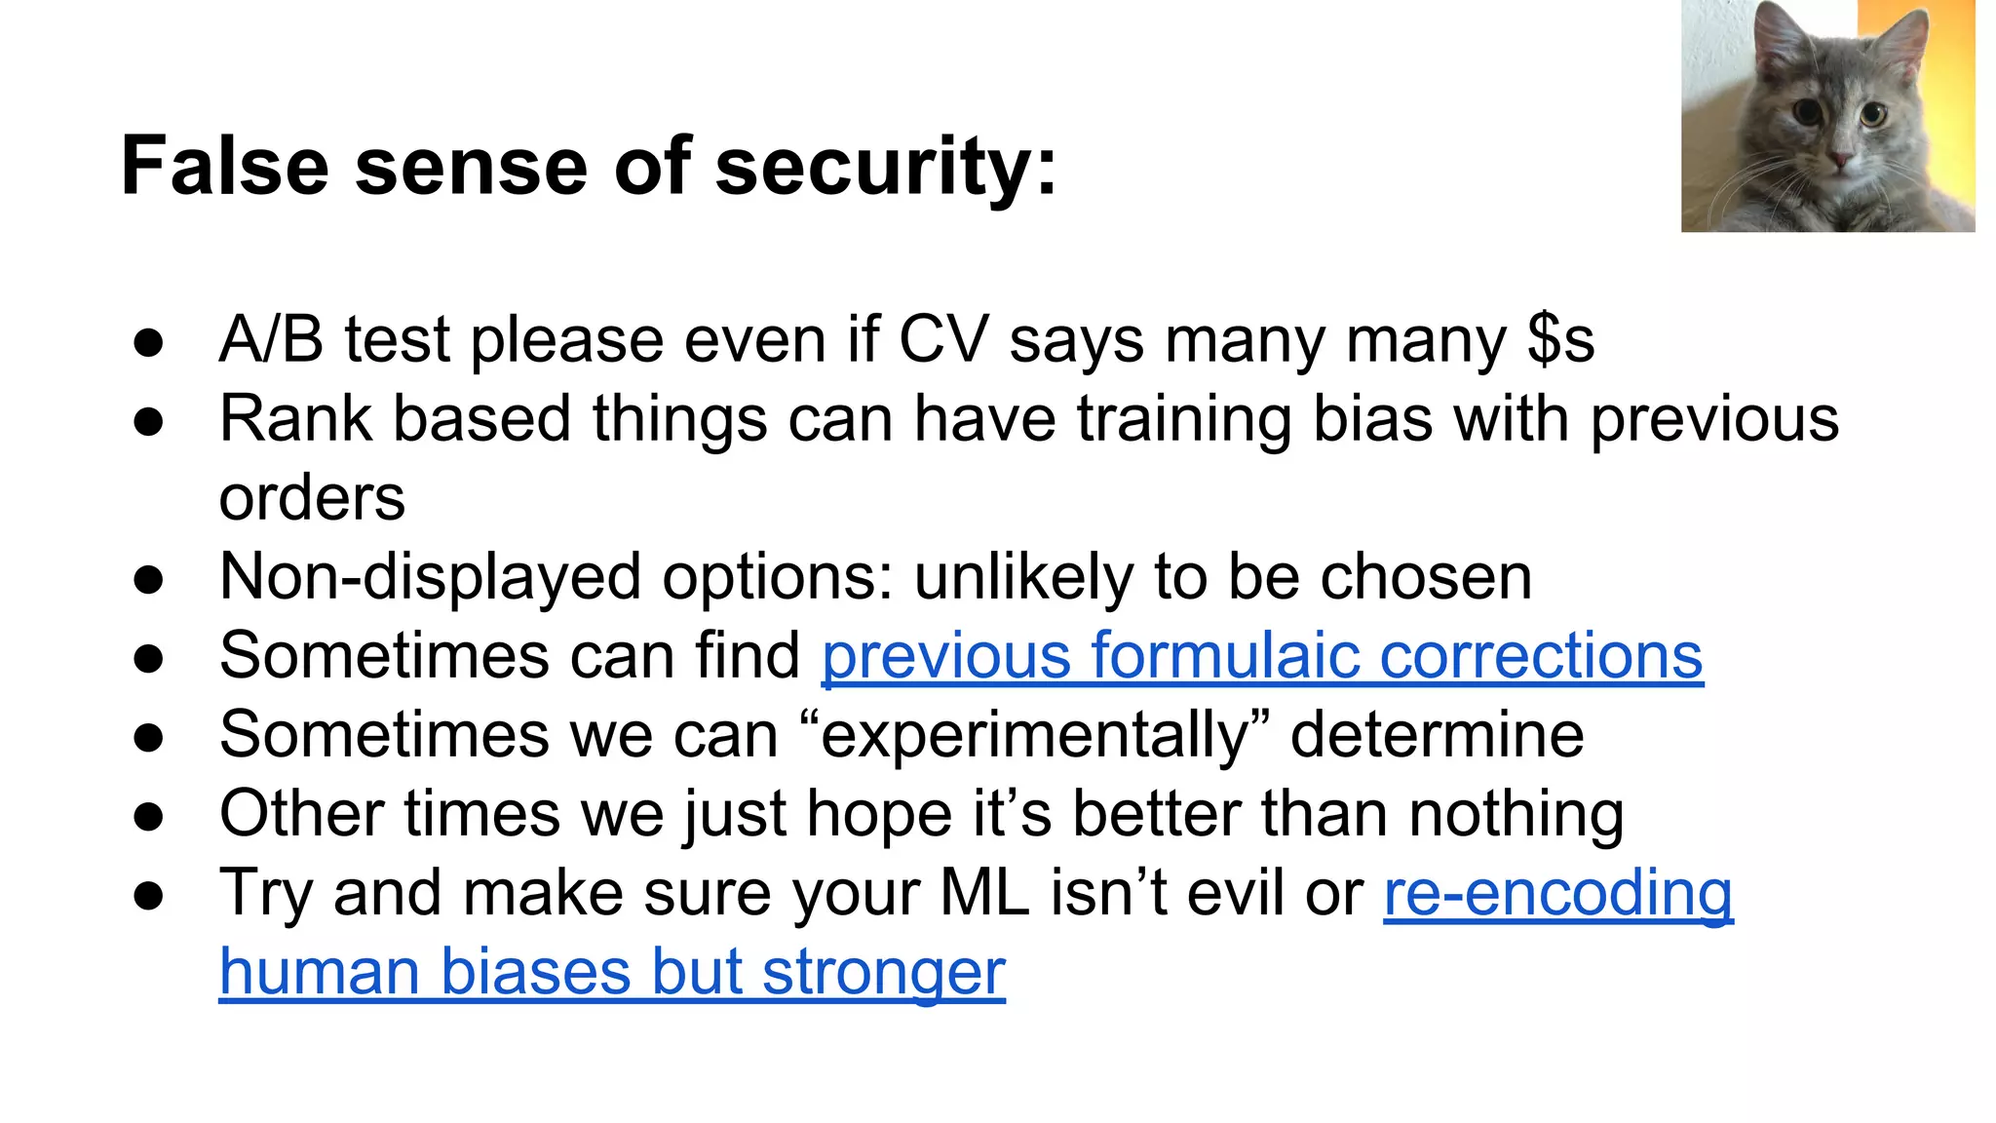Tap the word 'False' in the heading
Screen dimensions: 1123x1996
[x=224, y=166]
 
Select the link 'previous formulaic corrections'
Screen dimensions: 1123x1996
[x=1262, y=655]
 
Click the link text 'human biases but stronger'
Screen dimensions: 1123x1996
[x=612, y=972]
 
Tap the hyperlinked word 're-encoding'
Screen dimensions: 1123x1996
[x=1557, y=893]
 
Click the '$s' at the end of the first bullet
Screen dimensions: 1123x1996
[x=1560, y=340]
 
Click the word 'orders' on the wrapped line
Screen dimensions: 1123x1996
[x=312, y=498]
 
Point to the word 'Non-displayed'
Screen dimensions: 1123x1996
[x=430, y=577]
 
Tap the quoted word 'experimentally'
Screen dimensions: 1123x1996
[x=1033, y=735]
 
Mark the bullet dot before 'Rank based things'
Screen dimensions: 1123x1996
[x=149, y=422]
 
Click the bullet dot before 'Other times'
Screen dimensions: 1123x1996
[x=149, y=816]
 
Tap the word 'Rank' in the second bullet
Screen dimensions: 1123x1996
[x=295, y=419]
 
